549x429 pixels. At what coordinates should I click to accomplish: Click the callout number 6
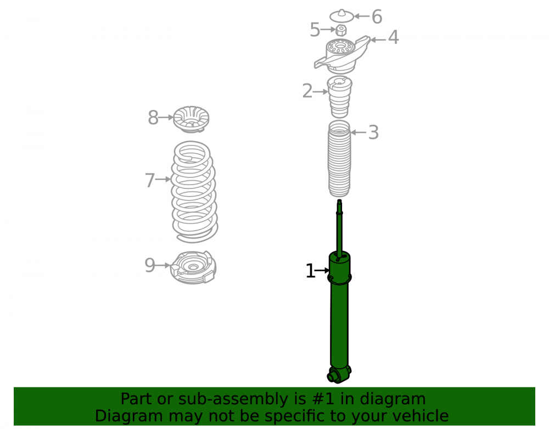[377, 17]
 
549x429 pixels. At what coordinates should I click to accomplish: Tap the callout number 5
[315, 30]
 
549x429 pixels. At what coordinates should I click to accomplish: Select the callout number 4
[394, 37]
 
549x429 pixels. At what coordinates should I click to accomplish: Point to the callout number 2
[307, 91]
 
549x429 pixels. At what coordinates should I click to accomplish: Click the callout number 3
[373, 133]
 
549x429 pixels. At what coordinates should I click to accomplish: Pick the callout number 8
[153, 118]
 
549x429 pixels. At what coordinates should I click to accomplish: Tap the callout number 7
[150, 180]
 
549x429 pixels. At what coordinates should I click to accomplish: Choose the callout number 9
[150, 265]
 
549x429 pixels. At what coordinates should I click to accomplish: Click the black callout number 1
[310, 271]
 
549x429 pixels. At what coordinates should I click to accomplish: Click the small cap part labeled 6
[341, 16]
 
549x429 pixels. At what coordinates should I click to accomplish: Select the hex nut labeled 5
[341, 30]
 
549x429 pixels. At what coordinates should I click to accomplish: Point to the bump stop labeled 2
[340, 97]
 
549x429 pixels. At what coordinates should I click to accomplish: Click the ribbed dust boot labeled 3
[339, 159]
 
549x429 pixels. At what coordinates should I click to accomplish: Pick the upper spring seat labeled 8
[191, 119]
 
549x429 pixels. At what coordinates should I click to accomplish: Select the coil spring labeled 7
[194, 192]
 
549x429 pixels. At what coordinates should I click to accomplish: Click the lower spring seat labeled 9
[193, 267]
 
